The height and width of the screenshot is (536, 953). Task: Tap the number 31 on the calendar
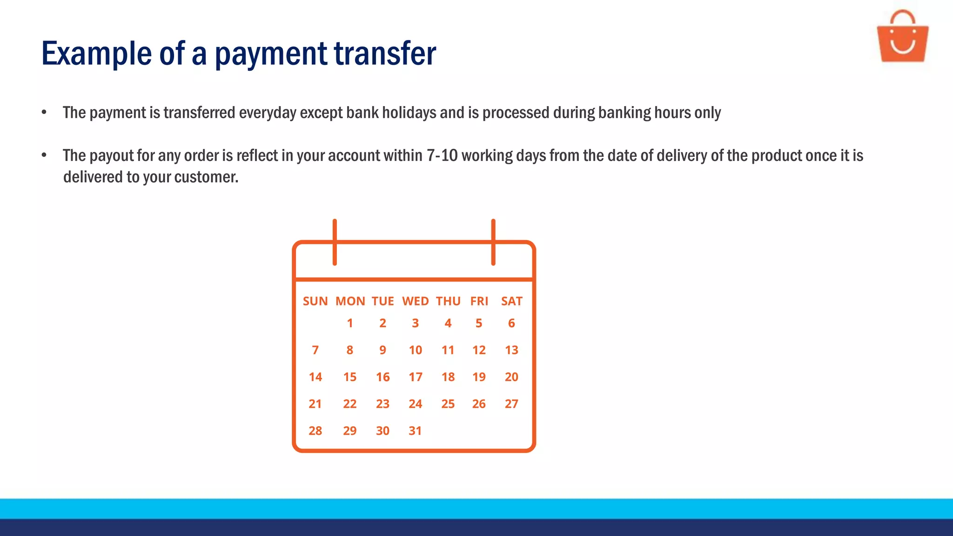click(415, 431)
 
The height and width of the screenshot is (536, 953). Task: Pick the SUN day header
click(315, 301)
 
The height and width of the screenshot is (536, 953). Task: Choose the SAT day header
click(511, 301)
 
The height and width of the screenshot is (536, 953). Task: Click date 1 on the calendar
click(350, 323)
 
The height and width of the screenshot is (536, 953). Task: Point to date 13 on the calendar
click(511, 350)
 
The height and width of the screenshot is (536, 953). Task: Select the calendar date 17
click(416, 377)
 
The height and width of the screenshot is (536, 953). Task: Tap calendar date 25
click(448, 404)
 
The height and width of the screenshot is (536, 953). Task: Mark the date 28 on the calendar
click(315, 431)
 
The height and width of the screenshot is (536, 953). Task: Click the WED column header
click(416, 301)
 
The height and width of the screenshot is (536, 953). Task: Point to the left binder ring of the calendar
click(335, 242)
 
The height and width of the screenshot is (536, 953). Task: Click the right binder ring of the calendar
click(493, 242)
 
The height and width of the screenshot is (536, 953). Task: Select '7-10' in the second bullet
click(442, 155)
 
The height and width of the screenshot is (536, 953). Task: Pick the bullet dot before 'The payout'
click(44, 155)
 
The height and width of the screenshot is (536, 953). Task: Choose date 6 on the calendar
click(511, 323)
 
